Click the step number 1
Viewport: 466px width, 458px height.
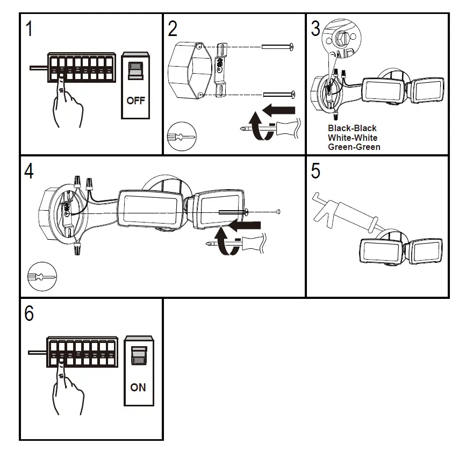click(30, 29)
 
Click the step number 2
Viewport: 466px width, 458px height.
click(173, 29)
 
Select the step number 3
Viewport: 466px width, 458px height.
click(316, 29)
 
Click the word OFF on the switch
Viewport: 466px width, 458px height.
click(136, 101)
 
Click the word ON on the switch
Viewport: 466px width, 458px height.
click(138, 387)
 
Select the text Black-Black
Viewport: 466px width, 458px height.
click(352, 128)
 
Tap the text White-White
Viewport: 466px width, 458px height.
click(352, 138)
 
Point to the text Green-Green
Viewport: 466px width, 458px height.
click(354, 147)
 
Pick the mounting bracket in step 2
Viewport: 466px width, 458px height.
click(220, 70)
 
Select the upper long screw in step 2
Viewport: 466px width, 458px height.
click(278, 47)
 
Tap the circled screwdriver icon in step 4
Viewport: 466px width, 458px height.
click(41, 277)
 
